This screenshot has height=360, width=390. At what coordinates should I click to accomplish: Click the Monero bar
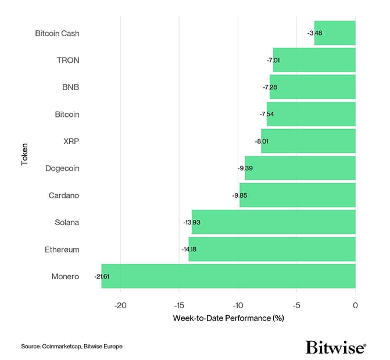click(228, 276)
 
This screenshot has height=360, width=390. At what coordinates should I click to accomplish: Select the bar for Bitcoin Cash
click(335, 33)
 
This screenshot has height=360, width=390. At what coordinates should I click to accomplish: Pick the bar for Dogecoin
click(300, 168)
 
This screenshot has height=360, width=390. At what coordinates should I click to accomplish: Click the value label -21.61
click(102, 277)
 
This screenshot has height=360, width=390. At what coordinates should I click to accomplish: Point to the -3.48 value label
click(314, 33)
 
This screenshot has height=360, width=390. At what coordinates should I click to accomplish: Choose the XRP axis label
click(71, 141)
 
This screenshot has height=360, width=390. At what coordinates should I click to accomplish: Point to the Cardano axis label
click(64, 195)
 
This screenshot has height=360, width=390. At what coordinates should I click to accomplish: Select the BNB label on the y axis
click(70, 87)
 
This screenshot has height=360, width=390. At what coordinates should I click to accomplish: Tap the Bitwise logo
click(335, 347)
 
